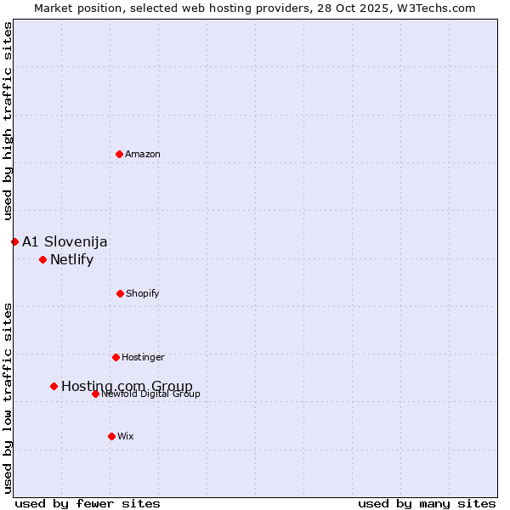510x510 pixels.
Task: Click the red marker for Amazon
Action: point(119,154)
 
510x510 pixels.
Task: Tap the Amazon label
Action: point(143,155)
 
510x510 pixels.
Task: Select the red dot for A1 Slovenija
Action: point(14,241)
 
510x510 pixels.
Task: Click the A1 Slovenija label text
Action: point(65,242)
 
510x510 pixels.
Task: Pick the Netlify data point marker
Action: point(42,259)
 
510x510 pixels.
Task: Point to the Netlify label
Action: point(71,260)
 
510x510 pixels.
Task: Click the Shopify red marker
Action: point(120,293)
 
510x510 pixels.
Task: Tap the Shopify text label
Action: point(143,294)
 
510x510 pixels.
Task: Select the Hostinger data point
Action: point(116,357)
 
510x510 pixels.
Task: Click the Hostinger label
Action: point(143,358)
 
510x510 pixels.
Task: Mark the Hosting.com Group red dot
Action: point(54,386)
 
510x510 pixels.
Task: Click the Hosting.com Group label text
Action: point(127,387)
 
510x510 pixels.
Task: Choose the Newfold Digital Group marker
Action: point(95,394)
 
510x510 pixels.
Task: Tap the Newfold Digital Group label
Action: point(151,394)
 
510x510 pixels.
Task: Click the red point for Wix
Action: point(111,436)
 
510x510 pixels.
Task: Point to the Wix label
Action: point(126,437)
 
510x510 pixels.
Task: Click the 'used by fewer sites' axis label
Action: point(88,503)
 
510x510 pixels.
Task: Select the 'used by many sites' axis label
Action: point(427,503)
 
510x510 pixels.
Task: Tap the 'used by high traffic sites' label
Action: point(8,121)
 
